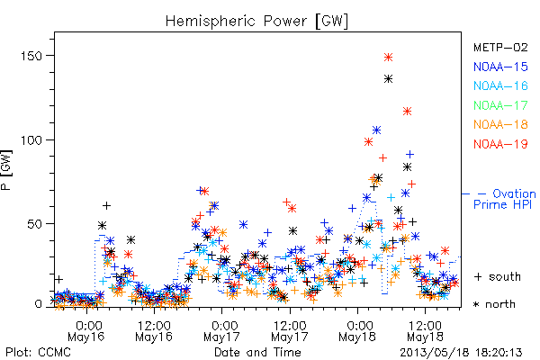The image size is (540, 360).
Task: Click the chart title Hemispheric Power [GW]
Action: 256,22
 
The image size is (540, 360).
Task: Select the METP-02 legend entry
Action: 500,47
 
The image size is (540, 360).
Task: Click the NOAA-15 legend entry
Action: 500,67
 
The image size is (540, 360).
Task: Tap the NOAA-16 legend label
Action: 500,85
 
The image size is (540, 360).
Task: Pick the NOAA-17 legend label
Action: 500,105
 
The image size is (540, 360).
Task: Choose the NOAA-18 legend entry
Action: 500,124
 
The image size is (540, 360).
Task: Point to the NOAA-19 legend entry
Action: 500,144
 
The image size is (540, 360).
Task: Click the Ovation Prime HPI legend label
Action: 505,199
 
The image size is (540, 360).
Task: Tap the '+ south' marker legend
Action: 498,276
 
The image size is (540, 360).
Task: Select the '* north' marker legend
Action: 494,304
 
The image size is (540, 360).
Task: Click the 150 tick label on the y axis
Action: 31,56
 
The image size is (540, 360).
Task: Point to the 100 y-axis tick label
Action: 31,139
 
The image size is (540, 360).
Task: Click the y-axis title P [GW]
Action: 6,170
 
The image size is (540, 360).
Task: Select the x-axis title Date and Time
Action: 257,352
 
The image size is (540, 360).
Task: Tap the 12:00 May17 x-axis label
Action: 290,331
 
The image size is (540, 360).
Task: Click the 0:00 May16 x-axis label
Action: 86,331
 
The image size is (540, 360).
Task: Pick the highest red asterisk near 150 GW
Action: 389,58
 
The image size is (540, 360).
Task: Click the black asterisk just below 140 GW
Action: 389,79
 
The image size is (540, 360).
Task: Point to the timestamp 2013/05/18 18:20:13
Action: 461,353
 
